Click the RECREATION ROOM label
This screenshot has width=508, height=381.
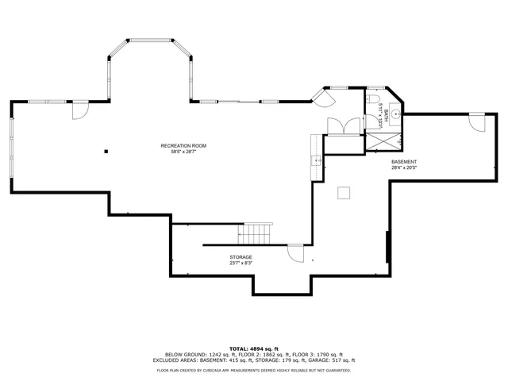(183, 145)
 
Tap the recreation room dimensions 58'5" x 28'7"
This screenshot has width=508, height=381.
(183, 152)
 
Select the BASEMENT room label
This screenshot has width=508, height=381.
(403, 161)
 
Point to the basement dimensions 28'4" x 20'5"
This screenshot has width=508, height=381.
(403, 167)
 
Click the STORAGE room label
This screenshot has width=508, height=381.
(241, 257)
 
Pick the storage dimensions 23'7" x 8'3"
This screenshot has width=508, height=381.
(241, 264)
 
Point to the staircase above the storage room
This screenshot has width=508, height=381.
(256, 234)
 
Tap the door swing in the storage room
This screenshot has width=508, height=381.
(295, 253)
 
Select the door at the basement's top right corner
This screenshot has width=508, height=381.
(476, 123)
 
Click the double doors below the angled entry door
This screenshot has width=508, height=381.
(341, 126)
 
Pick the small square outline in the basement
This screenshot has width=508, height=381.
(344, 191)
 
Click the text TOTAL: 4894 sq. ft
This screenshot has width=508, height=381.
(254, 348)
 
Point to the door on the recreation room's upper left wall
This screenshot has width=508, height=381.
(79, 110)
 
